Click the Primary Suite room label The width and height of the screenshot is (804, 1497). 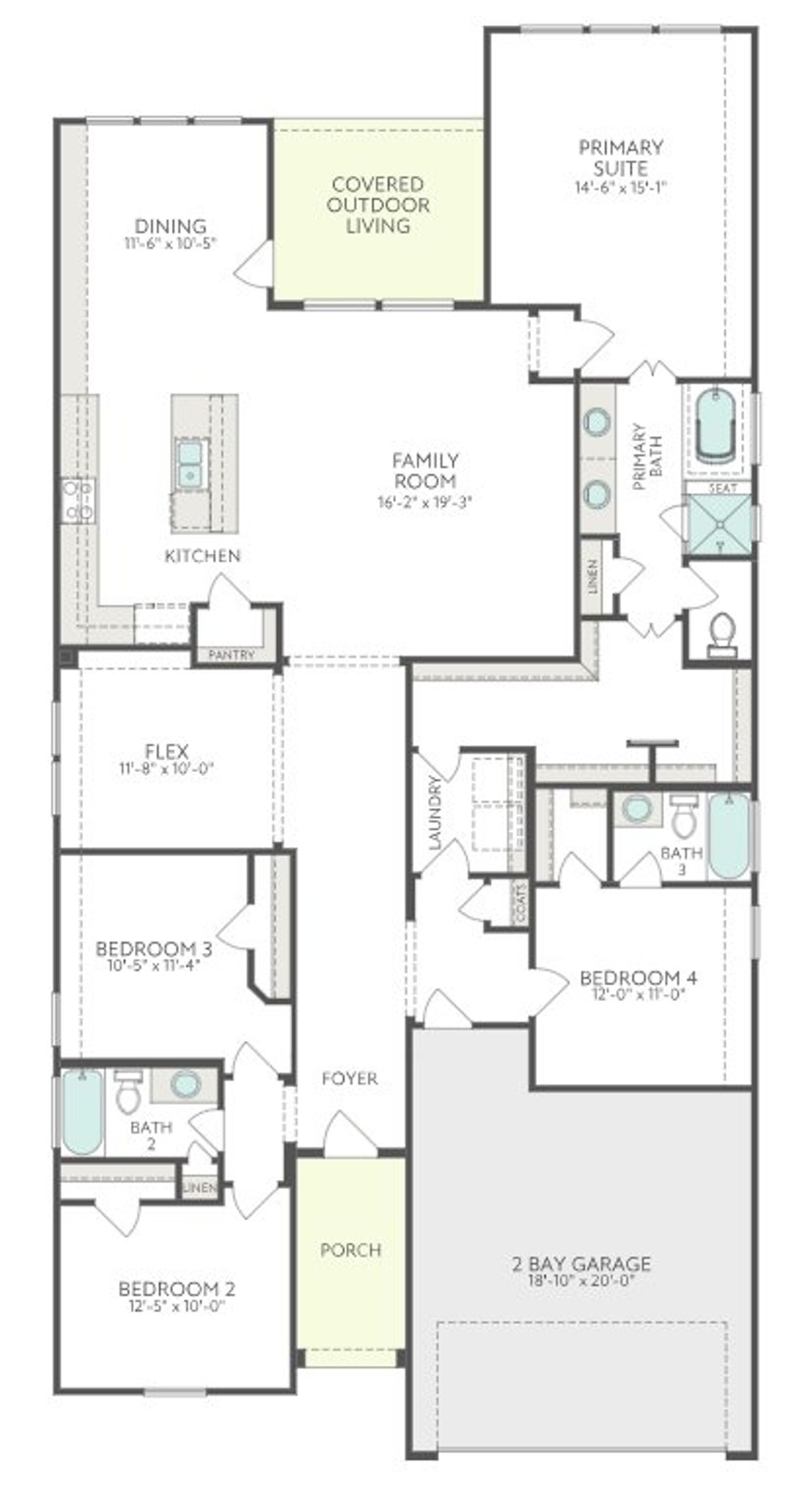(x=620, y=158)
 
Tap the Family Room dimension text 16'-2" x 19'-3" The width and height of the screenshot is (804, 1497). (x=425, y=502)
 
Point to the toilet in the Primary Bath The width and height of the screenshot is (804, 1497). (x=722, y=633)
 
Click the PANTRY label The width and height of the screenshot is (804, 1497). (x=232, y=655)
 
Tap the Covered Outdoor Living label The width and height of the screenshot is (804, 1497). (x=379, y=205)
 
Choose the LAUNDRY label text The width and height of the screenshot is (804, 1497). (x=435, y=813)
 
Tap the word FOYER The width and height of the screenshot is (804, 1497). (x=349, y=1078)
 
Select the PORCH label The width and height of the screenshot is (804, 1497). (x=350, y=1249)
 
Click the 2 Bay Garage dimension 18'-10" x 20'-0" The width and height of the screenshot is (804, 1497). (x=581, y=1281)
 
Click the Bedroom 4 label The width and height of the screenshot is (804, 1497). (x=638, y=978)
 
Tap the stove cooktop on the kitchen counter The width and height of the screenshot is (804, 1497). (x=78, y=499)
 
